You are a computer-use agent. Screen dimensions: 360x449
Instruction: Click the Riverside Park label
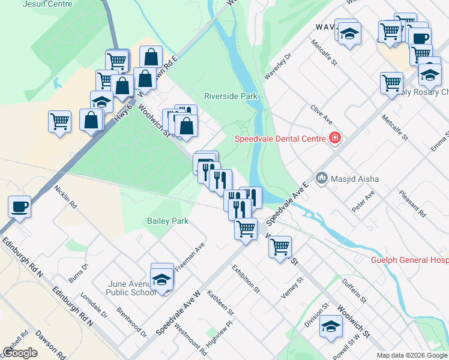click(231, 96)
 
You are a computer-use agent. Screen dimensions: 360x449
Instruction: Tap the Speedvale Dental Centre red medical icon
click(334, 139)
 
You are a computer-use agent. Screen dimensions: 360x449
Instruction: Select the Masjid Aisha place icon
click(322, 178)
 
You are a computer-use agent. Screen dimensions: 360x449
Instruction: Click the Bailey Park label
click(167, 221)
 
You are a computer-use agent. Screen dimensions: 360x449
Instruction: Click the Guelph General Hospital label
click(409, 260)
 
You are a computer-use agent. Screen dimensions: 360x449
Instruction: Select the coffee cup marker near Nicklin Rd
click(20, 206)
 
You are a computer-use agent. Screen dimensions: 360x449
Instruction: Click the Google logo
click(20, 352)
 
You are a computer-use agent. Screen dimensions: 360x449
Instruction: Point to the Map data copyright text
click(412, 355)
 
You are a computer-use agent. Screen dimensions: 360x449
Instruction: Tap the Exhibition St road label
click(246, 279)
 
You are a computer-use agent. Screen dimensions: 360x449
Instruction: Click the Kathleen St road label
click(220, 302)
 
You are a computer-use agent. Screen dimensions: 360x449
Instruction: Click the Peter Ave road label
click(363, 202)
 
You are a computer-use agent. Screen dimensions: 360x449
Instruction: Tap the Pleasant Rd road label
click(414, 205)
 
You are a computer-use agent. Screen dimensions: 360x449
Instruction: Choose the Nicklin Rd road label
click(65, 196)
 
